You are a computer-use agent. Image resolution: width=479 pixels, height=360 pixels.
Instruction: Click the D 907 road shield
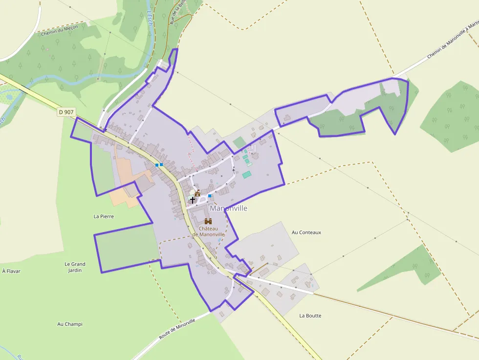click(x=66, y=112)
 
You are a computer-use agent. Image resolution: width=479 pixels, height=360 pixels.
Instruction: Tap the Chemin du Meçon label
click(x=60, y=31)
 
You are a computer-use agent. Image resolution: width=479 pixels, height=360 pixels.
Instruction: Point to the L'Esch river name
click(x=150, y=18)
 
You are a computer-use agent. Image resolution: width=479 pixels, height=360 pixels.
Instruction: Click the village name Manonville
click(x=228, y=208)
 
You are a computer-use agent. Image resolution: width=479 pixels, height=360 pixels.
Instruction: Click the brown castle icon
click(x=208, y=221)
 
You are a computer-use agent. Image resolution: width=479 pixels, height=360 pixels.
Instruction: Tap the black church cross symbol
click(x=192, y=200)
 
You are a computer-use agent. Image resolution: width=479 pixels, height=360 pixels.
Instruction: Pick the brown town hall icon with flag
click(x=197, y=193)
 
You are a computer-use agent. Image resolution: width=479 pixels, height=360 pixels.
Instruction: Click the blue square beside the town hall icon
click(x=210, y=196)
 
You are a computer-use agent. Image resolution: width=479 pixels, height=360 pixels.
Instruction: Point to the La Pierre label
click(x=104, y=216)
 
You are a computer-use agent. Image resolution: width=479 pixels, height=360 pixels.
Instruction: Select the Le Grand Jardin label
click(x=75, y=267)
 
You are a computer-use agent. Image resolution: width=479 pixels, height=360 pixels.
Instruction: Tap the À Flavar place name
click(x=11, y=271)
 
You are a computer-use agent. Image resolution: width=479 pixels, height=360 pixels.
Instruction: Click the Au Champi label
click(x=70, y=324)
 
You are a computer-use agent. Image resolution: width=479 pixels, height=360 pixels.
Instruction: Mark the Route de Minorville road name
click(x=177, y=329)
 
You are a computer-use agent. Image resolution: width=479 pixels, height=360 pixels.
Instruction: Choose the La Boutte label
click(x=310, y=316)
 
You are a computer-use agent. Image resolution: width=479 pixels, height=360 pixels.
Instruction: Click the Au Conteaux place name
click(x=306, y=233)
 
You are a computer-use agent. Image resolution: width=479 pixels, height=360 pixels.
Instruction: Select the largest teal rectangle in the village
click(x=246, y=174)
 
